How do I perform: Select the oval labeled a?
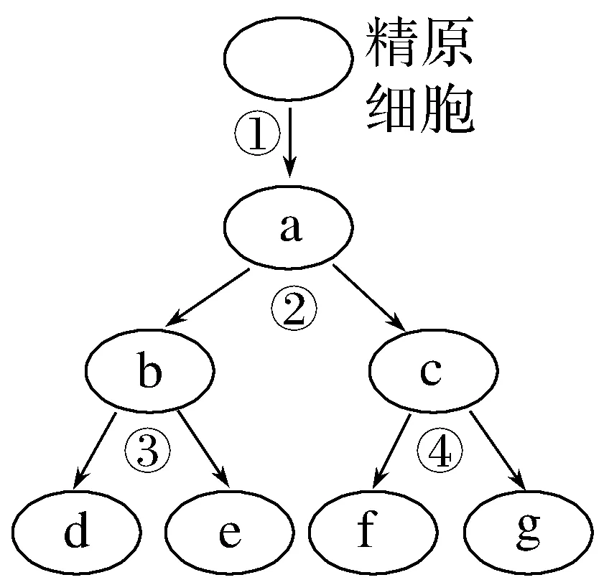(289, 229)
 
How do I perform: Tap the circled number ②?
(293, 309)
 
